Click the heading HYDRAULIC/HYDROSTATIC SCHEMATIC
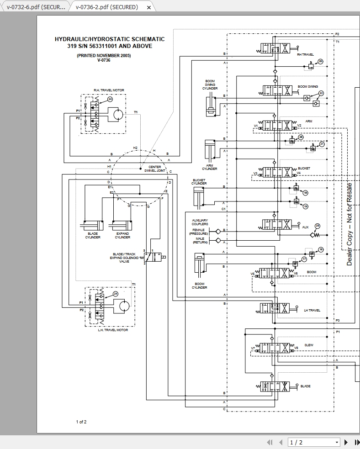(110, 39)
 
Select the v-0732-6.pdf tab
(36, 7)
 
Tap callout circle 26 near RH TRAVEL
(320, 61)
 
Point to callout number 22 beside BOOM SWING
(321, 93)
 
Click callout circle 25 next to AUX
(318, 226)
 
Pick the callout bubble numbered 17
(304, 259)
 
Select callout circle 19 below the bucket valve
(306, 206)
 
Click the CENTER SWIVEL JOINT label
(155, 169)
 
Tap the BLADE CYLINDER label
(93, 236)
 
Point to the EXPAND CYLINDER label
(122, 236)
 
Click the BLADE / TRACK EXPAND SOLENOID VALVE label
(124, 258)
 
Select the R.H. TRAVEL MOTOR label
(109, 90)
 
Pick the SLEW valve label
(309, 345)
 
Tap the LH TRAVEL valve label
(312, 310)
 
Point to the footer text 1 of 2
(81, 422)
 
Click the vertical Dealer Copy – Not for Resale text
(349, 224)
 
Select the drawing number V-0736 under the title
(104, 60)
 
